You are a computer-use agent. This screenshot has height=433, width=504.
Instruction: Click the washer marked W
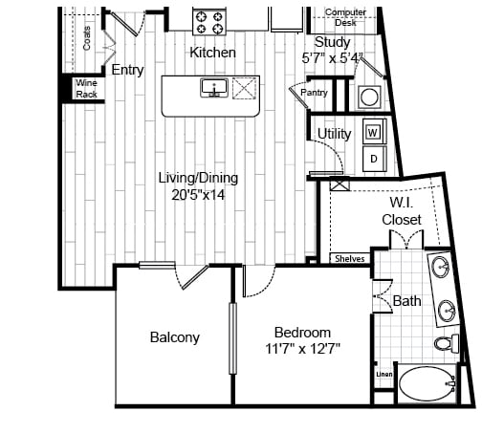point(375,131)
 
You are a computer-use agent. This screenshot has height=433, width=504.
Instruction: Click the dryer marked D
point(375,159)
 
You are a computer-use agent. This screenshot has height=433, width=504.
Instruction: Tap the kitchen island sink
point(214,88)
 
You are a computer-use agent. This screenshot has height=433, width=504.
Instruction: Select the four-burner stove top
point(209,22)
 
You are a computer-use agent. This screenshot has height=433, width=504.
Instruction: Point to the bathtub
point(427,384)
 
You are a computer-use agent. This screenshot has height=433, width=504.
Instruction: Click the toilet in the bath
point(447,343)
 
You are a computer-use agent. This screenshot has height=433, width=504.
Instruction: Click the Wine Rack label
point(86,89)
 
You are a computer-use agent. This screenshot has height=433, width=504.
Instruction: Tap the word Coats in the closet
point(87,38)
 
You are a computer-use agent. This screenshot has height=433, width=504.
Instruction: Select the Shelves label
point(350,259)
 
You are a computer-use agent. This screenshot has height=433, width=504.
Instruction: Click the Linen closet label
point(384,375)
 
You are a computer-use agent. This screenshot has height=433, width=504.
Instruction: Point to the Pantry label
point(314,93)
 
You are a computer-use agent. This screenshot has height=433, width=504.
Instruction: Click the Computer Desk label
point(345,17)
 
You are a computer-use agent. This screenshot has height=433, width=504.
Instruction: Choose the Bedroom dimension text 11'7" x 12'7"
point(303,348)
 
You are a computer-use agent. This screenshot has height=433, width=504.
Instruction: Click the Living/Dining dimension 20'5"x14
point(198,195)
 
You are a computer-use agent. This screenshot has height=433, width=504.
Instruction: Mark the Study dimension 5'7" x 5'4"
point(333,58)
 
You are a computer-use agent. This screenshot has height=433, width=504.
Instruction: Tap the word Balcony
point(175,337)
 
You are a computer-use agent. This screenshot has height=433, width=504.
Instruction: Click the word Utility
point(335,134)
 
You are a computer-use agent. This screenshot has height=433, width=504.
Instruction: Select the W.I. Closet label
point(402,211)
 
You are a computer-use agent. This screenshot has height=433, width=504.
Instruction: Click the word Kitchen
point(212,53)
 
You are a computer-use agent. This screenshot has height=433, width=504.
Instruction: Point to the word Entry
point(127,70)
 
